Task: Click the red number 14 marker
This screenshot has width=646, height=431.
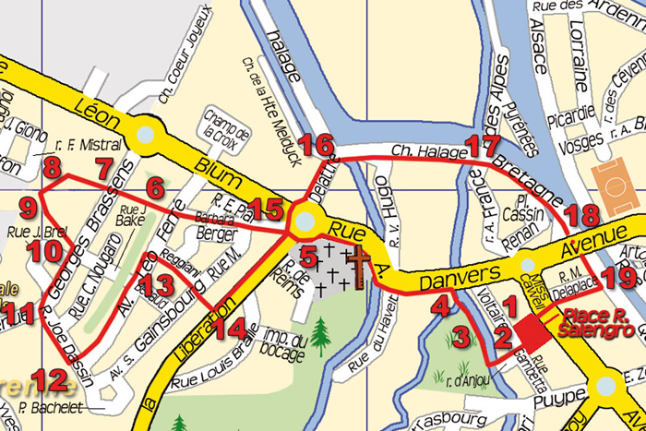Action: (237, 327)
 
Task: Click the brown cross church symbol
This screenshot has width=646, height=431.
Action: (355, 263)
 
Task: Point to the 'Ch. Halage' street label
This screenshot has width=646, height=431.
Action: (424, 150)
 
